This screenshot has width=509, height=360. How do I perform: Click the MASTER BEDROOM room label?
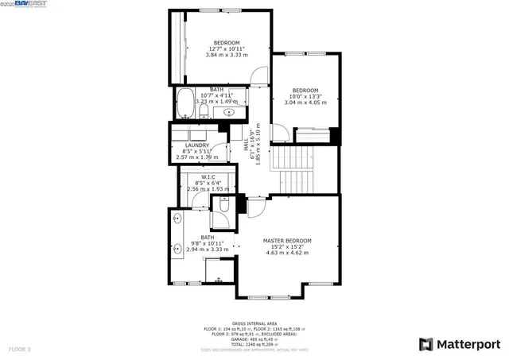(x=287, y=240)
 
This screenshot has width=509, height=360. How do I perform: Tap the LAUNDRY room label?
(x=196, y=145)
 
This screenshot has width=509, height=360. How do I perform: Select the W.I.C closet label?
(x=208, y=176)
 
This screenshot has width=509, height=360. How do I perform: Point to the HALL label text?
(x=247, y=146)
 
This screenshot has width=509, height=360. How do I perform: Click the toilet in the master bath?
(x=224, y=206)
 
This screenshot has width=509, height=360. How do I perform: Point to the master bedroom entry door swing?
(x=254, y=208)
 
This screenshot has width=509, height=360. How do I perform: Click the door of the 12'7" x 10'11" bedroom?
(x=258, y=76)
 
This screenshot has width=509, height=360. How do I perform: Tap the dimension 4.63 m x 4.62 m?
(x=287, y=253)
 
